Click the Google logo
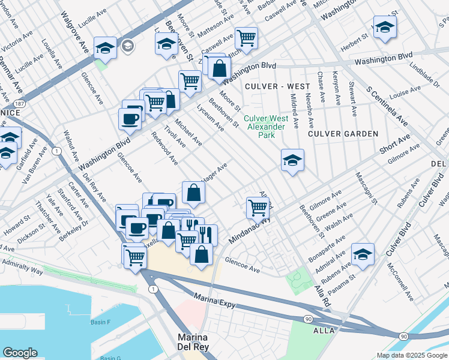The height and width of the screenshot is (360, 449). point(20,353)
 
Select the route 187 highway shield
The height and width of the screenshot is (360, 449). point(19,104)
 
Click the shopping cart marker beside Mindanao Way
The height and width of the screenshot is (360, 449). point(258,208)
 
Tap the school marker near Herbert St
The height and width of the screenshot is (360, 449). point(384,27)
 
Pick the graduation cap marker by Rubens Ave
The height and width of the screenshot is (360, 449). point(363,254)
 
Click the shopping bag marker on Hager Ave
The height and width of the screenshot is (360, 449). point(193,193)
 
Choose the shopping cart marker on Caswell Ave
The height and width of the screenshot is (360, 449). point(246,38)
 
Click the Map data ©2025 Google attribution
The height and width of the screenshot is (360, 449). point(412,355)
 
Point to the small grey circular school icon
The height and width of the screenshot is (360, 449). point(127,46)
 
